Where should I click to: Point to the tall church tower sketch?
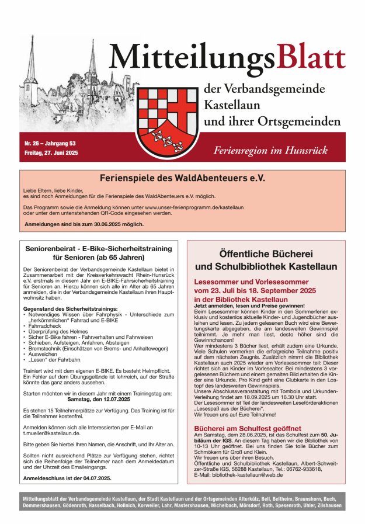(92, 64)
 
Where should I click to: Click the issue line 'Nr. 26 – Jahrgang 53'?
(50, 143)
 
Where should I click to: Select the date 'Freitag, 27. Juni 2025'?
(51, 152)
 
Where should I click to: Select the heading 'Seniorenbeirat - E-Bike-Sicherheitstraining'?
(97, 248)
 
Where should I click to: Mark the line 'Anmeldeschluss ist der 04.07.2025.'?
(67, 478)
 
